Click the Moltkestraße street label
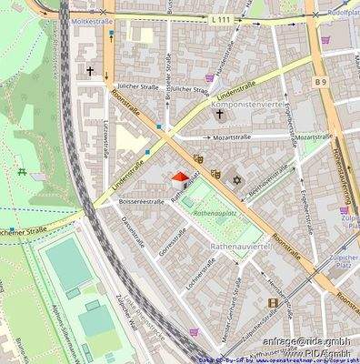coord(93,20)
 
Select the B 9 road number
coord(321,81)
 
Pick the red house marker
coord(180,178)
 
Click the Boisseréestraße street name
coord(142,201)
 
